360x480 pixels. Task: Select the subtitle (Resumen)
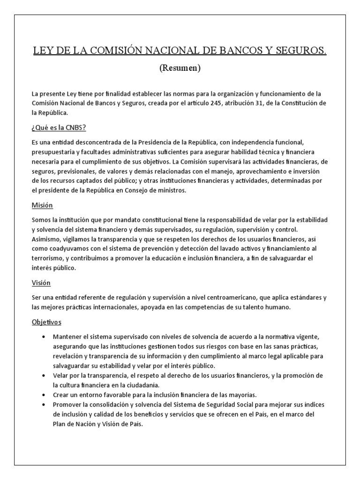pyautogui.click(x=180, y=68)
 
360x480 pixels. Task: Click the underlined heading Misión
pyautogui.click(x=43, y=205)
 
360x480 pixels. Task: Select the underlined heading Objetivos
pyautogui.click(x=46, y=322)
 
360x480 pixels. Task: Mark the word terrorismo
pyautogui.click(x=49, y=258)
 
